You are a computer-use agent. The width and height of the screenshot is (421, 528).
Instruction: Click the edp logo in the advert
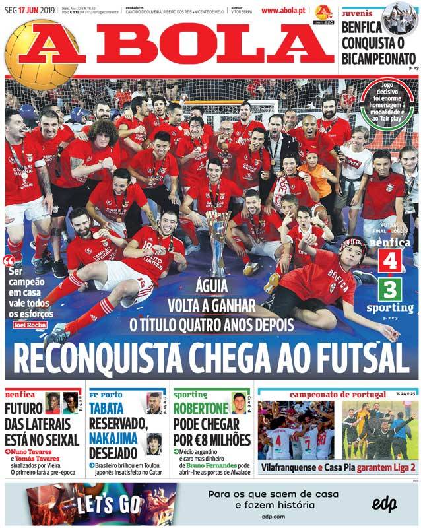(383, 504)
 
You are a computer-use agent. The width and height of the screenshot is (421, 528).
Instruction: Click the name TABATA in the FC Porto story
(106, 408)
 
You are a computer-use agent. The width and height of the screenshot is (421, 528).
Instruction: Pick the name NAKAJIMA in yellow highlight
(114, 438)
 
